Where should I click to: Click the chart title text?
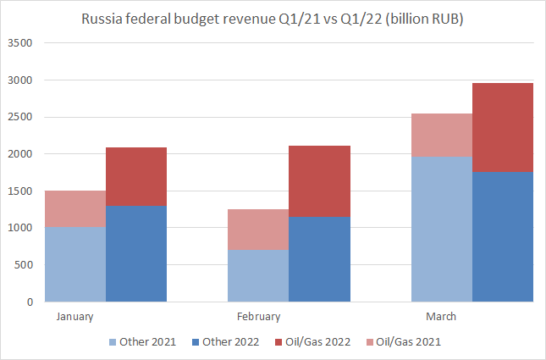[x=273, y=19]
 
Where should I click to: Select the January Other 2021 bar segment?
[x=75, y=263]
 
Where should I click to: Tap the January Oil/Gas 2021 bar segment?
[x=75, y=208]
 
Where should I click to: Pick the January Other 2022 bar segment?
[x=136, y=253]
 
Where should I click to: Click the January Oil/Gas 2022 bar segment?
[x=136, y=176]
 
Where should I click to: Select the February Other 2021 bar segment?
[x=258, y=275]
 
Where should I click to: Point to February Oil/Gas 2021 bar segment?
[x=258, y=230]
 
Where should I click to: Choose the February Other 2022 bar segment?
[x=319, y=258]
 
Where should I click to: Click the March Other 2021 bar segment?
[x=441, y=229]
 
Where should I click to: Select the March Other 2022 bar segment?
[x=502, y=236]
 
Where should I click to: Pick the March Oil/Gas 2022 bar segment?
[x=502, y=127]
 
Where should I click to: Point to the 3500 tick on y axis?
[x=19, y=43]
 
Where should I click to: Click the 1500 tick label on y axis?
[x=19, y=191]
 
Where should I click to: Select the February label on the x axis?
[x=258, y=317]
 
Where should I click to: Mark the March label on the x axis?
[x=441, y=317]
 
